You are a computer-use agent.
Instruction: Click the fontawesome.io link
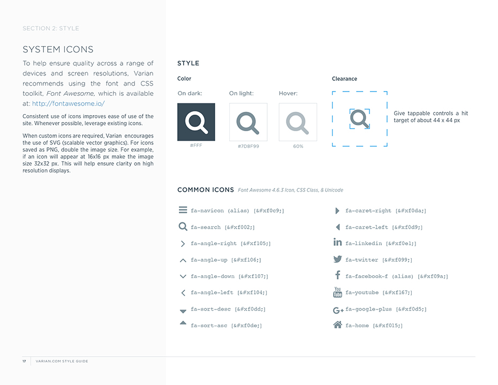tap(68, 104)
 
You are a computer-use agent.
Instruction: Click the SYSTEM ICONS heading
tap(58, 50)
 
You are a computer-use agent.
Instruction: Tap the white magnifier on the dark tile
tap(196, 122)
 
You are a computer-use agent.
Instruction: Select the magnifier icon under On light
tap(248, 122)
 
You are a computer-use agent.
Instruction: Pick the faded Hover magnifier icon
tap(298, 122)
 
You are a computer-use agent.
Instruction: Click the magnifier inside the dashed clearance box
tap(360, 119)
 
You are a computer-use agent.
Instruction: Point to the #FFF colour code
tap(196, 146)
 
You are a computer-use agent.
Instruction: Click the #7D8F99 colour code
tap(248, 146)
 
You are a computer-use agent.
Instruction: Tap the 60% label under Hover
tap(298, 146)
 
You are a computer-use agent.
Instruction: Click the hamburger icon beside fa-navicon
tap(183, 210)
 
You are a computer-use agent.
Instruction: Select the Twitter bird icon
tap(337, 259)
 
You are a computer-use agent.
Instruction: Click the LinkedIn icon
tap(337, 243)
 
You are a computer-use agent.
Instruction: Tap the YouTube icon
tap(337, 292)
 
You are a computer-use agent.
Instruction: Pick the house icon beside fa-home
tap(337, 324)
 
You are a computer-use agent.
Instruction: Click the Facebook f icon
tap(337, 275)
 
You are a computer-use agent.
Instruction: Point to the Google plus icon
tap(338, 309)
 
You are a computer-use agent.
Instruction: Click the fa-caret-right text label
tap(368, 211)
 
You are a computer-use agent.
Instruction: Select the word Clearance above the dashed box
tap(344, 79)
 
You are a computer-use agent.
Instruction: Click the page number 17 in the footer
tap(24, 361)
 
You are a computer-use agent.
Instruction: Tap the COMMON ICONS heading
tap(206, 190)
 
